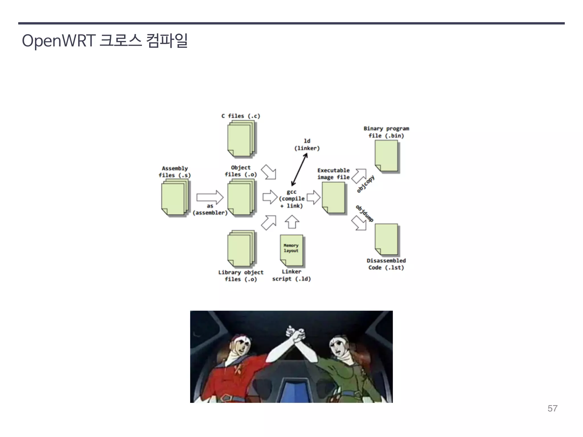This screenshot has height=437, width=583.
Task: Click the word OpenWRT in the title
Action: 58,41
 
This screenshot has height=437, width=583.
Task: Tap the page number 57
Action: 552,408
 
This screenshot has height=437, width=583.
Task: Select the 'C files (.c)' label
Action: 241,116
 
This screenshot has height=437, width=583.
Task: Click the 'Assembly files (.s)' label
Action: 175,172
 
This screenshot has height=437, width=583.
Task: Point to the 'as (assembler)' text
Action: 210,209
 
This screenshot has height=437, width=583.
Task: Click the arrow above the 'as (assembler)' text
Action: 210,197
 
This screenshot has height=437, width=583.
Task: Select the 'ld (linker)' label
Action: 307,145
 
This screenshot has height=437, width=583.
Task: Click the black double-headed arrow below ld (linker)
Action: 299,170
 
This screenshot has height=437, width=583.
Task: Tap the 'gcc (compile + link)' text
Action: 291,199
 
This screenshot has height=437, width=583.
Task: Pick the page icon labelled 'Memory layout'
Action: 291,250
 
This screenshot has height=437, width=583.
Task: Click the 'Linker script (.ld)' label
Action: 291,275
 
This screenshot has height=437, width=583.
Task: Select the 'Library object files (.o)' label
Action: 241,276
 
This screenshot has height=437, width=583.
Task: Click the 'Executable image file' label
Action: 333,174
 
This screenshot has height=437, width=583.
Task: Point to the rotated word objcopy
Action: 366,184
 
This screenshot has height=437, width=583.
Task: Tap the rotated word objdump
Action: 365,213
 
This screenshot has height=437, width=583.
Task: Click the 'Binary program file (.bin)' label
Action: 386,132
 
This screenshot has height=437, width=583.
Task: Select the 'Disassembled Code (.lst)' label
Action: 386,264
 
